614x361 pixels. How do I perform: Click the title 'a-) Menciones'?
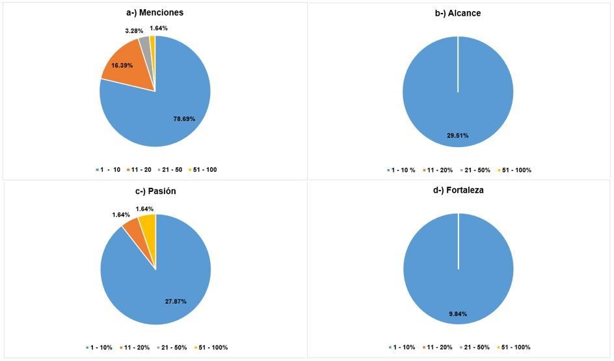[155, 12]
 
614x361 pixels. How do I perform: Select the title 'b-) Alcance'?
[457, 13]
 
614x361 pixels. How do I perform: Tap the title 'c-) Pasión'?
[155, 191]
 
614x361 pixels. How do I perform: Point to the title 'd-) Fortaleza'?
[458, 191]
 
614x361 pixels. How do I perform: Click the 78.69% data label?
[184, 119]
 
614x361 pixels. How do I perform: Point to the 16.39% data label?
[122, 66]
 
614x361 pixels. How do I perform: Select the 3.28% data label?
[135, 31]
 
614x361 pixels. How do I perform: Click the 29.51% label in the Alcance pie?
[457, 135]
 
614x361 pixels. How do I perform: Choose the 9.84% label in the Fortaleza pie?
[457, 314]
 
